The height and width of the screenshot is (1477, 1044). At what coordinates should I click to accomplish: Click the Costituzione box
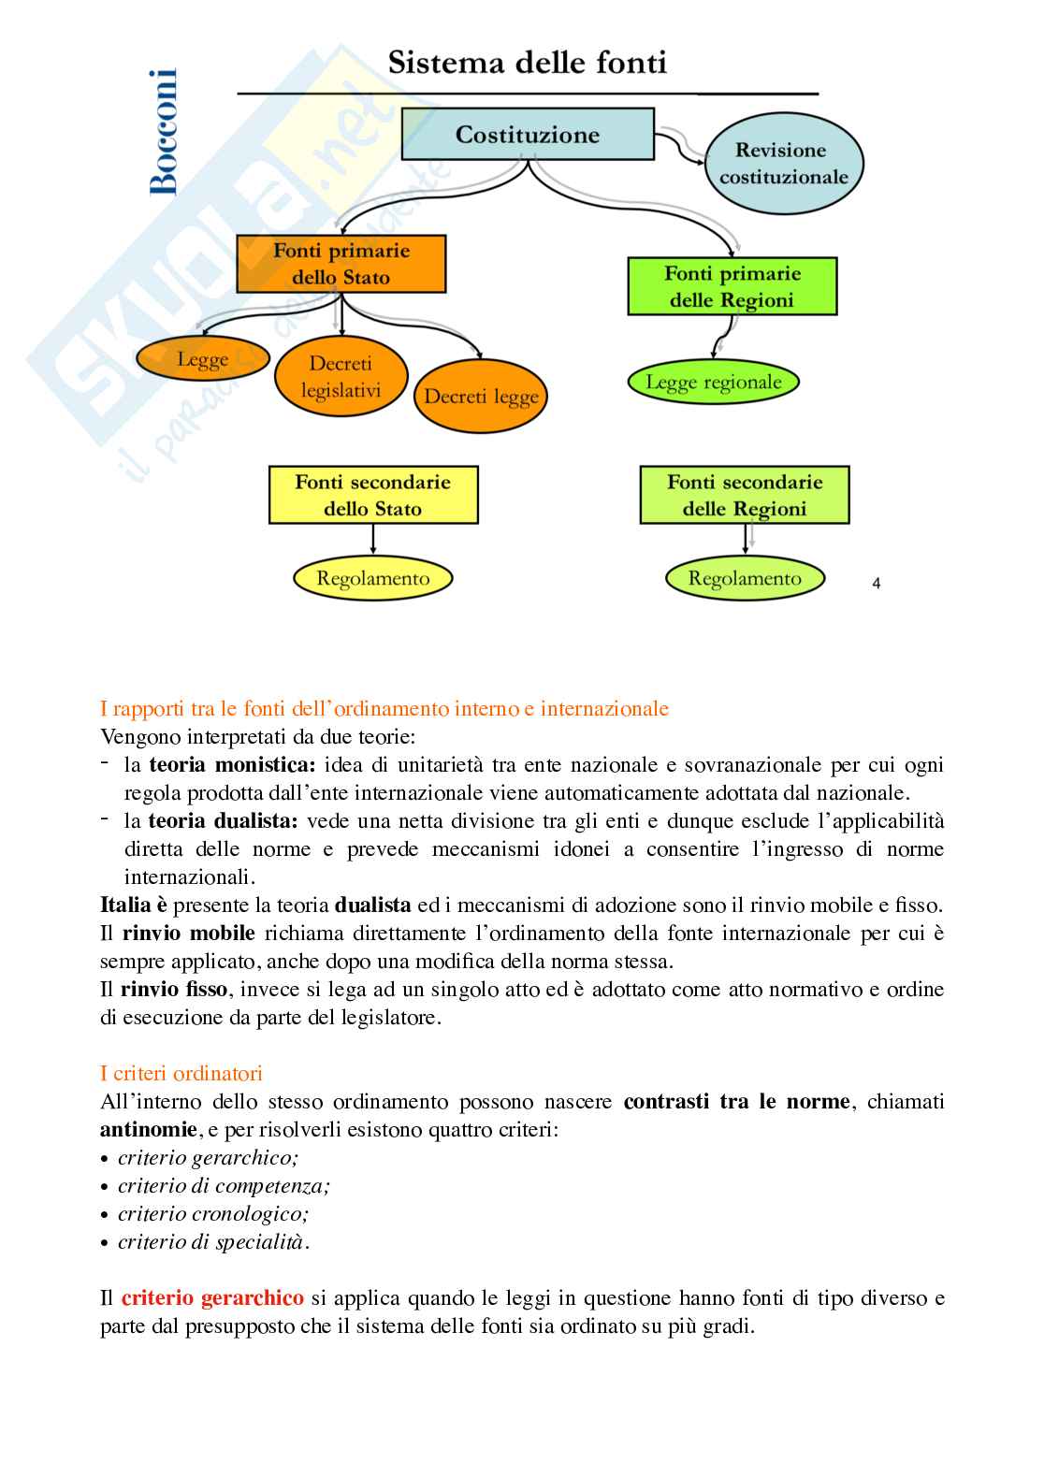tap(528, 134)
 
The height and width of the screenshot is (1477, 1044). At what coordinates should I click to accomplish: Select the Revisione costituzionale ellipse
tap(783, 164)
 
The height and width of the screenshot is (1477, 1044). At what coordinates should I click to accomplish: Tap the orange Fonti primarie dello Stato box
tap(341, 264)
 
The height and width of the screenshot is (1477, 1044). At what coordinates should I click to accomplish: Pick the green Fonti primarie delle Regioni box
tap(732, 286)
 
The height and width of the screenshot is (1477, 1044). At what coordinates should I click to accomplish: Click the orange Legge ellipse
tap(202, 360)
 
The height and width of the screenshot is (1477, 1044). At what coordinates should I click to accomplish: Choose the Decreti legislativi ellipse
tap(341, 377)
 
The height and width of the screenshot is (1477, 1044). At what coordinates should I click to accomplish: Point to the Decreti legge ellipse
tap(481, 396)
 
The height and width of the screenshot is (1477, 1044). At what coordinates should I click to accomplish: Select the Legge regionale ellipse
tap(713, 382)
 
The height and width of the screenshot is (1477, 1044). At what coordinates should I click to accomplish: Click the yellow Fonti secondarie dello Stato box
tap(372, 495)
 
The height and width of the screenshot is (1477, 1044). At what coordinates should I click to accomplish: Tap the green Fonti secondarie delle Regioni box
tap(745, 495)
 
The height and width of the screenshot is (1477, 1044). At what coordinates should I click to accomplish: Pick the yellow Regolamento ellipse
tap(372, 578)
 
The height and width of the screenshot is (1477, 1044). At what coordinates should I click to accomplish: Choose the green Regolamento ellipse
tap(745, 578)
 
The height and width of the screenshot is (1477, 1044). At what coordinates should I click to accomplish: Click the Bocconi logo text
tap(163, 132)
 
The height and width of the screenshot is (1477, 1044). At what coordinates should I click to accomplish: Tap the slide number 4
tap(876, 584)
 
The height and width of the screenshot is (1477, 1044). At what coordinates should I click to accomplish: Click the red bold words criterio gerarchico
tap(212, 1297)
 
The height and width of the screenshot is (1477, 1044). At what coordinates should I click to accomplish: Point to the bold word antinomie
tap(149, 1129)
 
